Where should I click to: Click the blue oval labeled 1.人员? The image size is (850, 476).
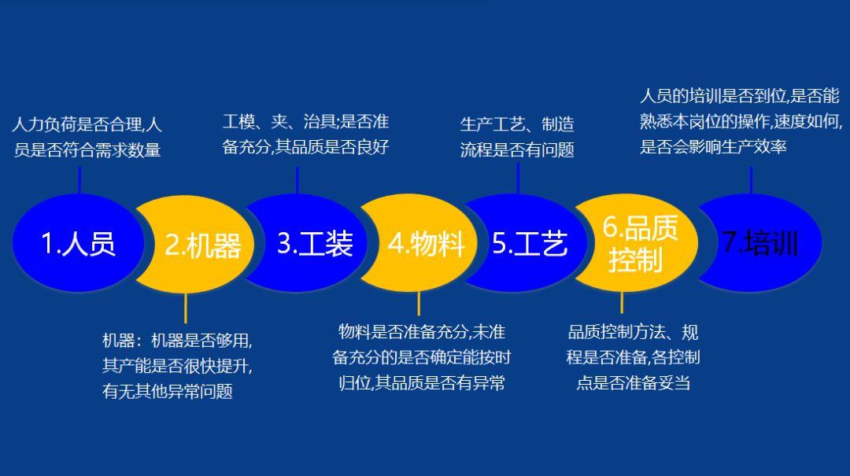click(x=77, y=242)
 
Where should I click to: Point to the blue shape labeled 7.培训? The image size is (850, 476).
click(x=759, y=243)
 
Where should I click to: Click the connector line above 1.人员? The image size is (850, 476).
click(x=79, y=178)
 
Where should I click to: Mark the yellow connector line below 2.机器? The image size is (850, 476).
click(x=185, y=307)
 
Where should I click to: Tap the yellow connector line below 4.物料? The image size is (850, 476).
click(x=419, y=303)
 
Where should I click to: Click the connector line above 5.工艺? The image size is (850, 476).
click(x=517, y=178)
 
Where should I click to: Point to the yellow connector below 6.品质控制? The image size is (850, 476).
click(x=622, y=302)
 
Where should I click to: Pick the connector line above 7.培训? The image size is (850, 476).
click(x=752, y=179)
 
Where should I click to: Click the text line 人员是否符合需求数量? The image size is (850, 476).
click(x=87, y=149)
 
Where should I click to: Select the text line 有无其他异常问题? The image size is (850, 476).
click(x=168, y=391)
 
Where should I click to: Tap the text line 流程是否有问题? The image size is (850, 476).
click(x=517, y=149)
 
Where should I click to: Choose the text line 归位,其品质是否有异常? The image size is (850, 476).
click(x=421, y=383)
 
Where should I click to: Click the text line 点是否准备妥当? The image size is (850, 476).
click(x=634, y=383)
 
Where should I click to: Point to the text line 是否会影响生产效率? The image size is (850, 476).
click(x=713, y=146)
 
